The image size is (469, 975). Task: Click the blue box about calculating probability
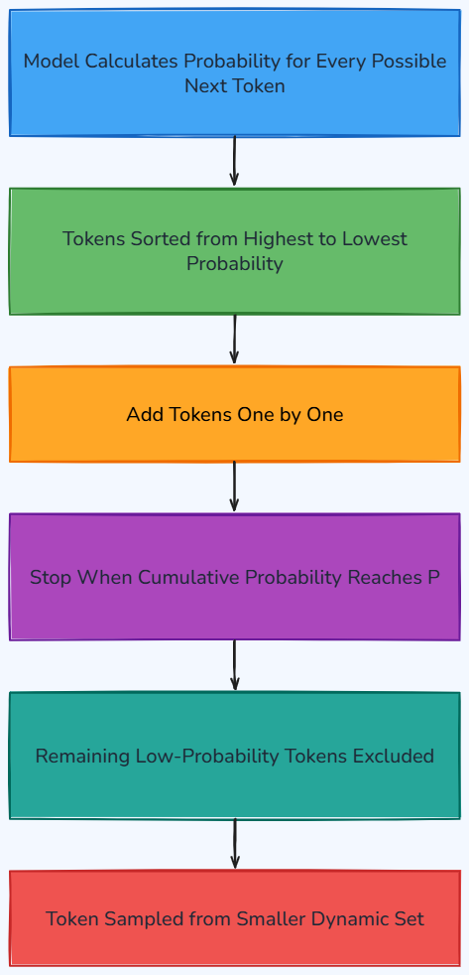tap(235, 72)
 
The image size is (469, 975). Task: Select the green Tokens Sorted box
tap(235, 251)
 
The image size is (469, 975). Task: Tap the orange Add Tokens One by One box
tap(235, 414)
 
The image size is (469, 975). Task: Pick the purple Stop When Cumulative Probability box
tap(235, 577)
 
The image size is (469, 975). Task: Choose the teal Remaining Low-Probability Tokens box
tap(235, 756)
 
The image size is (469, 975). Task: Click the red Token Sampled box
tap(235, 918)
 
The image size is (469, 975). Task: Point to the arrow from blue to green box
tap(234, 161)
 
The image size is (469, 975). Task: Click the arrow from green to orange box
tap(234, 340)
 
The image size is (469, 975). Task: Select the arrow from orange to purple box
tap(234, 487)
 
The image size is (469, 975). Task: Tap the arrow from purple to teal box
tap(234, 665)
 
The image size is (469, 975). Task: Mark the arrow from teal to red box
tap(234, 844)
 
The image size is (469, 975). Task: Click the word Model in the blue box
tap(52, 61)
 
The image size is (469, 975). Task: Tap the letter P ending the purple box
tap(433, 577)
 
